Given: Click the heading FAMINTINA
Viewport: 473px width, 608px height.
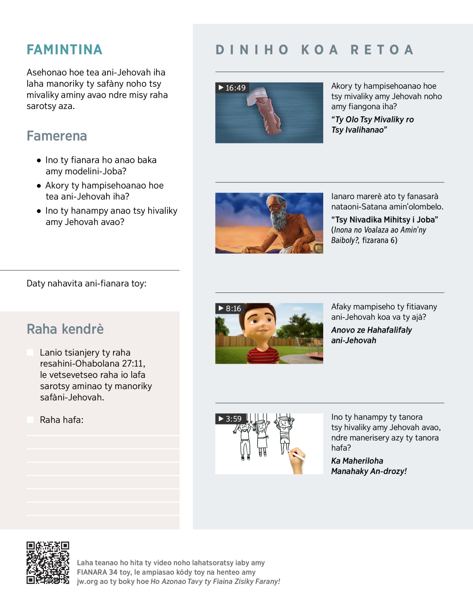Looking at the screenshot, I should tap(64, 50).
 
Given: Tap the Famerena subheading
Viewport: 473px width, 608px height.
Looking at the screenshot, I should tap(57, 136).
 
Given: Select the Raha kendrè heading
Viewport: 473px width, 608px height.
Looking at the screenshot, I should tap(65, 329).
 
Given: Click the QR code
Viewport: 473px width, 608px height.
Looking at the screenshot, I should tap(48, 563).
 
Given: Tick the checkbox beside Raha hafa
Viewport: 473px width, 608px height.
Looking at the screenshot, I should tap(30, 420).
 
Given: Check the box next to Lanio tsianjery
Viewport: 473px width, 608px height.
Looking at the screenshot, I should tap(30, 352).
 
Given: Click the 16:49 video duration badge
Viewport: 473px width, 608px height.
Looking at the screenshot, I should tap(232, 87).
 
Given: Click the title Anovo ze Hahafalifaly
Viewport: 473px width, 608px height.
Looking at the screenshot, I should tap(371, 330).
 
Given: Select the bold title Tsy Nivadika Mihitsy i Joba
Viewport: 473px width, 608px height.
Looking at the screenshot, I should tap(385, 219).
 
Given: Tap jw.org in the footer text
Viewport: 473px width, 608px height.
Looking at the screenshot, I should tap(87, 582).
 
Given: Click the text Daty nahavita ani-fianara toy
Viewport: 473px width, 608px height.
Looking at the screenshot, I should tap(86, 283).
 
